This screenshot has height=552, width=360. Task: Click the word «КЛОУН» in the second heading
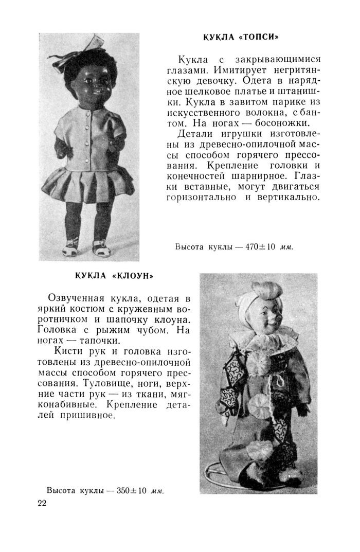pos(133,276)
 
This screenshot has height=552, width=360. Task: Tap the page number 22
pos(42,503)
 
